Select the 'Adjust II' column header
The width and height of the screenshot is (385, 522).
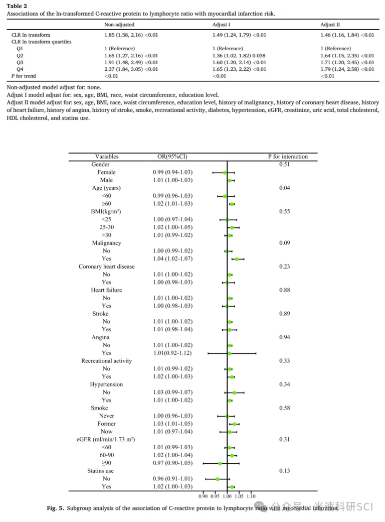point(330,24)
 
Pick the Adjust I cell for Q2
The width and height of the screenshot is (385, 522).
point(239,55)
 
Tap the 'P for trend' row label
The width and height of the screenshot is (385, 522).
point(24,76)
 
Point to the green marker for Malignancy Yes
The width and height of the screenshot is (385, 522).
point(237,259)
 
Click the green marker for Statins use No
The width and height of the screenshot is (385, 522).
point(218,479)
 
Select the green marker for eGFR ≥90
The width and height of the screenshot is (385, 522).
point(220,463)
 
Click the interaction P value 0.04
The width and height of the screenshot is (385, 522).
point(285,188)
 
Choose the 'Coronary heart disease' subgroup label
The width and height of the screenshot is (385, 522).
point(106,267)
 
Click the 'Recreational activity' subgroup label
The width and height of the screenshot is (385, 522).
point(106,361)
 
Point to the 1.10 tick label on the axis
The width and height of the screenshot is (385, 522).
point(251,496)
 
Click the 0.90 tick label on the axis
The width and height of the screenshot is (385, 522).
point(204,496)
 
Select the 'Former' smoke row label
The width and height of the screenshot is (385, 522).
point(106,424)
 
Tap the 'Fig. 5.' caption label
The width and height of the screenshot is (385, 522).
point(55,508)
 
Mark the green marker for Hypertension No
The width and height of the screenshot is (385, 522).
point(234,393)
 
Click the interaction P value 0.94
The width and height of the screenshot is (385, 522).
point(285,337)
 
